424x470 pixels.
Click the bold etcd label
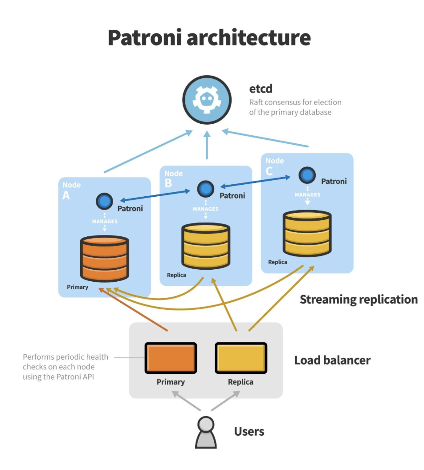pos(261,89)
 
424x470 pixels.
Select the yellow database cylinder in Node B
pos(206,246)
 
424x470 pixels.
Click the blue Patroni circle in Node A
pos(105,202)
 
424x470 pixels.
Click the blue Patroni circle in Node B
pos(206,189)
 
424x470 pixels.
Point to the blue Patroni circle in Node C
pos(307,175)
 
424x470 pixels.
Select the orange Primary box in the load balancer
pos(171,358)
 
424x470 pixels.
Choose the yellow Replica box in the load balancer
pos(241,358)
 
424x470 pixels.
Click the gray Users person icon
pos(206,432)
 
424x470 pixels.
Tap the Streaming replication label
pos(359,300)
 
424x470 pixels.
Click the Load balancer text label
pos(332,360)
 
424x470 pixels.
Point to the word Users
pos(249,431)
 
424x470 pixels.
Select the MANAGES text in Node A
pos(105,221)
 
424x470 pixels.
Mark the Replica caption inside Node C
pos(277,262)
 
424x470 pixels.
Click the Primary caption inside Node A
pos(77,287)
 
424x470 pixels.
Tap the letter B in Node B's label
pos(168,183)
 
